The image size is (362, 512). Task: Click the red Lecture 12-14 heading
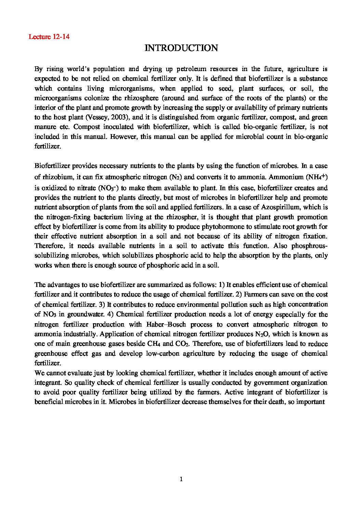pos(49,37)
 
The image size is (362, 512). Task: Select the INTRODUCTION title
pos(181,48)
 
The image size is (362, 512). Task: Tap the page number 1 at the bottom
pos(181,479)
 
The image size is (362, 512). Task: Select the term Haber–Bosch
pos(168,324)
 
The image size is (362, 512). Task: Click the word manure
pos(44,127)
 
